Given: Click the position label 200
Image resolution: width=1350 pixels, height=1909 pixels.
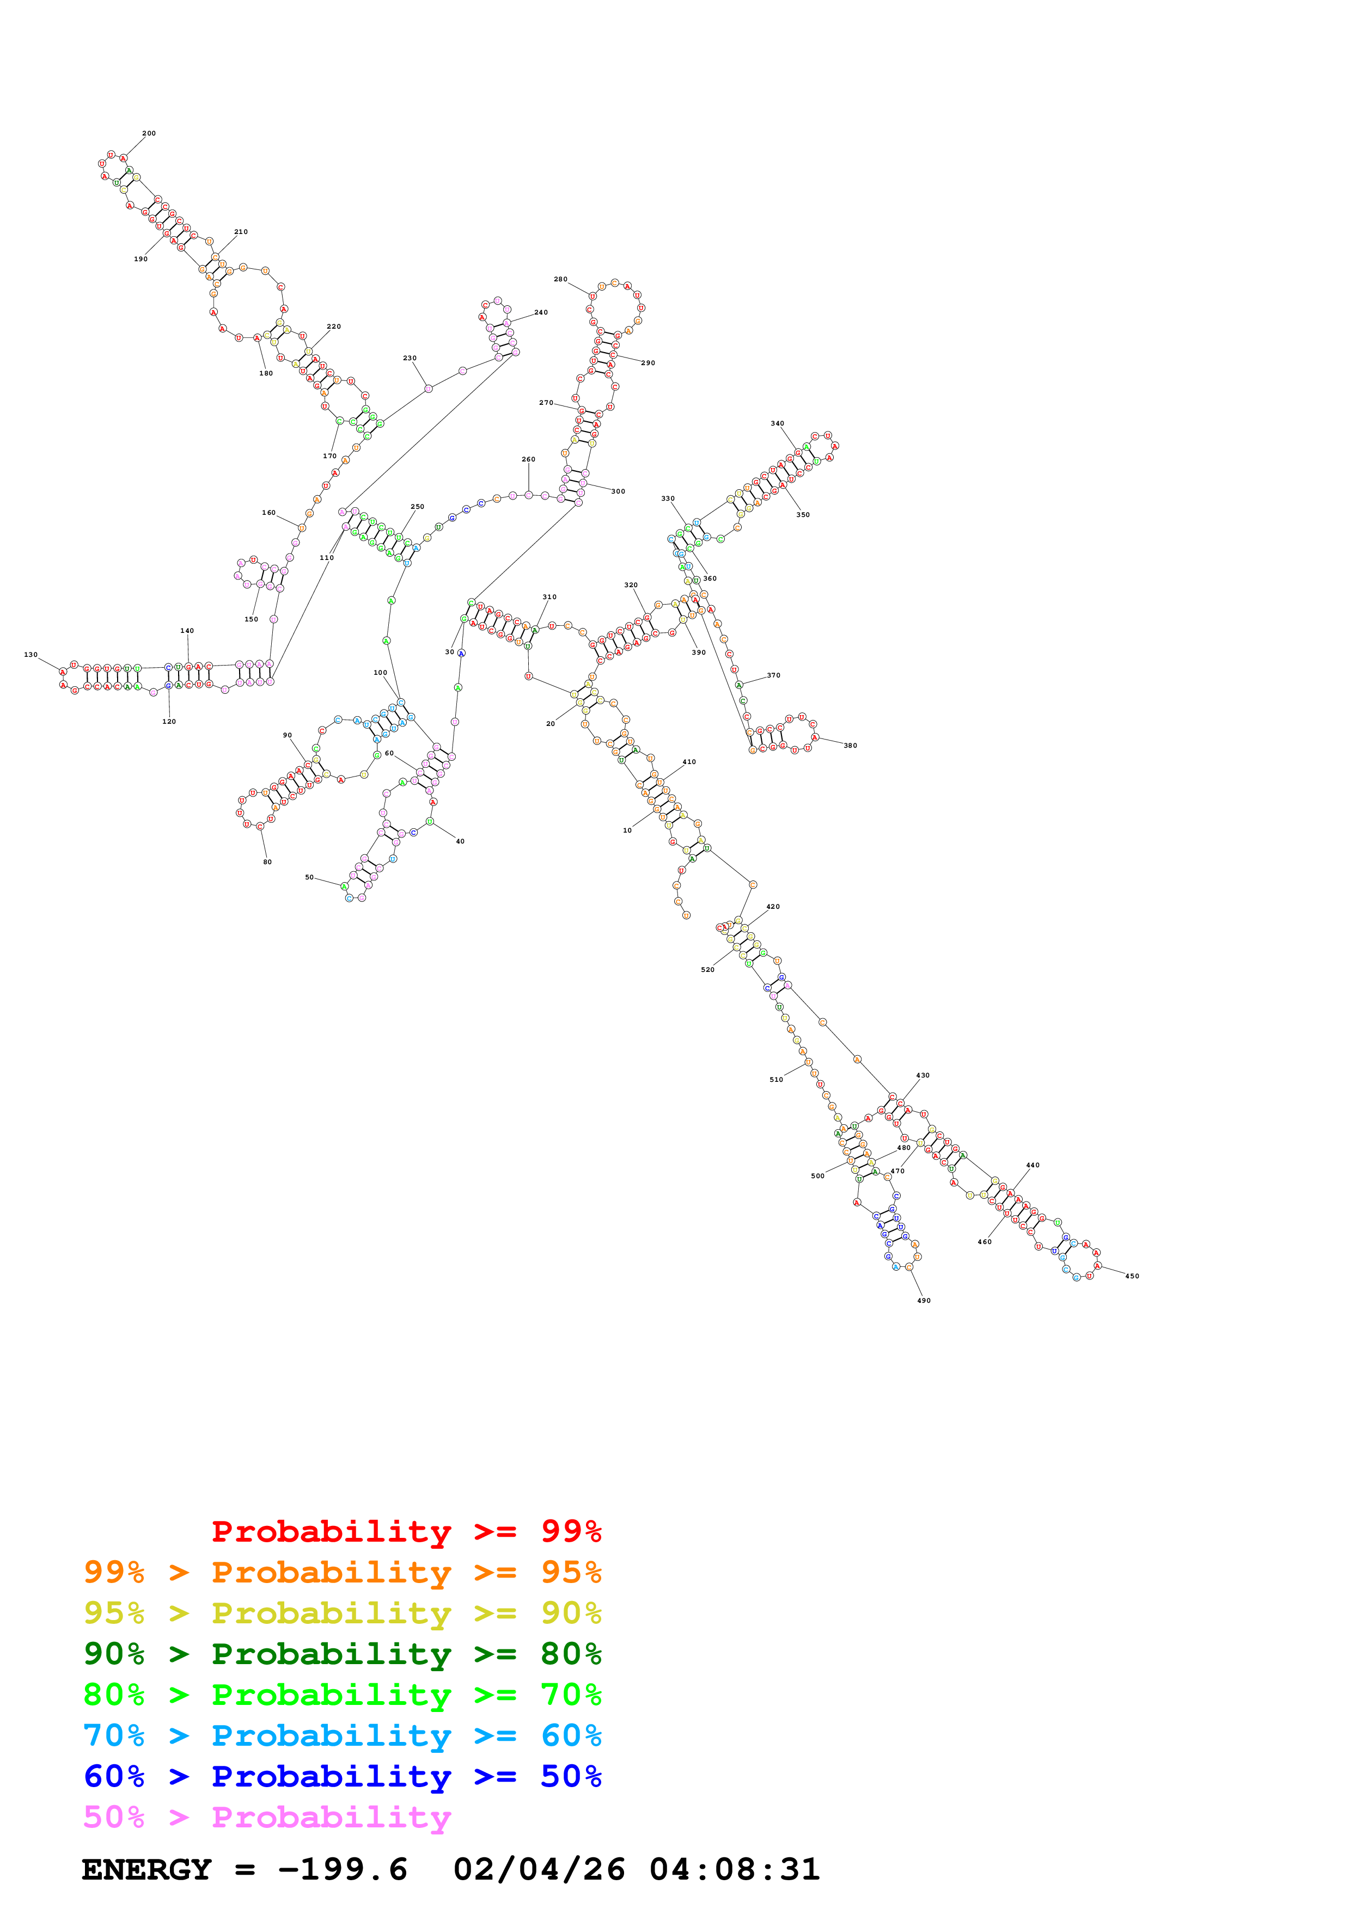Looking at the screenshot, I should [149, 133].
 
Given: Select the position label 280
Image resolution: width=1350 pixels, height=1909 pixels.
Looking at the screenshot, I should [560, 279].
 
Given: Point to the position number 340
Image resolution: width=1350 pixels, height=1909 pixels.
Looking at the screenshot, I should [777, 423].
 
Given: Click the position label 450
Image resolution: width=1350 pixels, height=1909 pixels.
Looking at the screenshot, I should [1132, 1276].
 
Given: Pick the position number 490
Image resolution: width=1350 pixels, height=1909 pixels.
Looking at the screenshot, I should [923, 1301].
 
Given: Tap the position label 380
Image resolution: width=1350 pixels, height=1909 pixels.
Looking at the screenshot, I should [850, 746].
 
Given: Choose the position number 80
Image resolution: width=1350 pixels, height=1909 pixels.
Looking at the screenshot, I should [267, 862].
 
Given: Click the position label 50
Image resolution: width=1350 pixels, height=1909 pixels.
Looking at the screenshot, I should [309, 877].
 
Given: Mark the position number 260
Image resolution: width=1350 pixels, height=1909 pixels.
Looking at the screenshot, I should [528, 459].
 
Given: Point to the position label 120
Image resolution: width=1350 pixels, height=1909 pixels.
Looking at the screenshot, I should [169, 722].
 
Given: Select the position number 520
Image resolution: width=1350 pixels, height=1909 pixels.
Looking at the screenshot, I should [707, 970].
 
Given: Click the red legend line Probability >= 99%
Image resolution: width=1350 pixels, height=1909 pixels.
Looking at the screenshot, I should [406, 1531].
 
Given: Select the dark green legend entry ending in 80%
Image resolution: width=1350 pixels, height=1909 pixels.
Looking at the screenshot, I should [343, 1654].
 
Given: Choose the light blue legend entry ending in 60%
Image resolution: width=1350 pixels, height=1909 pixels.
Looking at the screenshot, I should [343, 1735].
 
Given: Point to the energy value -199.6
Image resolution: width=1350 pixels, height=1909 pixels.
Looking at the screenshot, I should [343, 1869].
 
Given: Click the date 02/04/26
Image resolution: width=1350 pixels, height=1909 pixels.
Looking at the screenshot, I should [539, 1869].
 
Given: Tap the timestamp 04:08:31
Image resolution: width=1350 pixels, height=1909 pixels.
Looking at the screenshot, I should [735, 1869].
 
